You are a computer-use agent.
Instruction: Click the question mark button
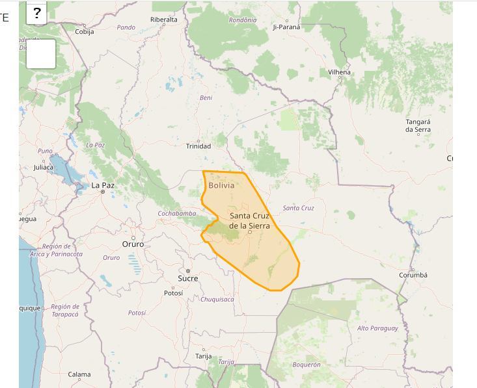pyautogui.click(x=37, y=13)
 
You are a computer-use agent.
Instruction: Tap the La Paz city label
pyautogui.click(x=103, y=185)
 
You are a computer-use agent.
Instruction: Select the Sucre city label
pyautogui.click(x=187, y=278)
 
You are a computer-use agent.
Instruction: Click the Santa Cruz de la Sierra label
pyautogui.click(x=249, y=220)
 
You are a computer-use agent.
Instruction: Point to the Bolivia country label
pyautogui.click(x=221, y=185)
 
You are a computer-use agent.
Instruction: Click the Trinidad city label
pyautogui.click(x=198, y=146)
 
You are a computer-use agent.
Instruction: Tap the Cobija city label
pyautogui.click(x=85, y=32)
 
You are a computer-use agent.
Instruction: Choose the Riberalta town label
pyautogui.click(x=163, y=19)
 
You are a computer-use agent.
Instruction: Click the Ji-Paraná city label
pyautogui.click(x=286, y=27)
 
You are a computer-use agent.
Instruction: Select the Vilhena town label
pyautogui.click(x=339, y=72)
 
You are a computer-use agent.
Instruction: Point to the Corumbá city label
pyautogui.click(x=413, y=275)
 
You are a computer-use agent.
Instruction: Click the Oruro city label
pyautogui.click(x=133, y=244)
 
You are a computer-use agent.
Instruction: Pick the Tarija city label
pyautogui.click(x=204, y=356)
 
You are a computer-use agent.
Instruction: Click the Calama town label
pyautogui.click(x=79, y=374)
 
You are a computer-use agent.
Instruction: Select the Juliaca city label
pyautogui.click(x=44, y=168)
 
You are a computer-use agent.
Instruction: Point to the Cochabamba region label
pyautogui.click(x=177, y=213)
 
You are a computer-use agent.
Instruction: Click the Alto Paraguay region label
pyautogui.click(x=377, y=328)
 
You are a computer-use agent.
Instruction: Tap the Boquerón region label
pyautogui.click(x=307, y=365)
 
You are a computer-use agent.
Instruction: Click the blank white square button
pyautogui.click(x=41, y=54)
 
